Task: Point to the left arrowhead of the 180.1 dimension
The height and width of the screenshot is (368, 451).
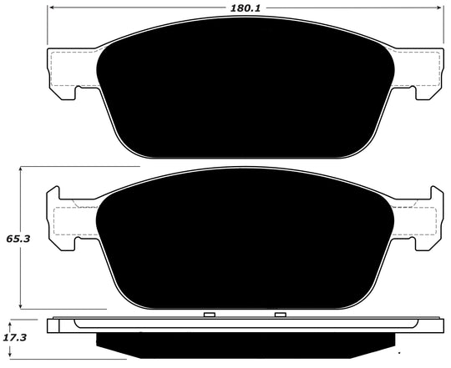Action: [50, 11]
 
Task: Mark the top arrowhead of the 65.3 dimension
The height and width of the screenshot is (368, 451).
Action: [21, 170]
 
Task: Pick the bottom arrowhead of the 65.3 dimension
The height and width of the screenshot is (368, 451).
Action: [21, 306]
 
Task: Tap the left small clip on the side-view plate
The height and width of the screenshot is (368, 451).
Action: [209, 315]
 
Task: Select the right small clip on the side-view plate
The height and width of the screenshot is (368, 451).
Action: [281, 315]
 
